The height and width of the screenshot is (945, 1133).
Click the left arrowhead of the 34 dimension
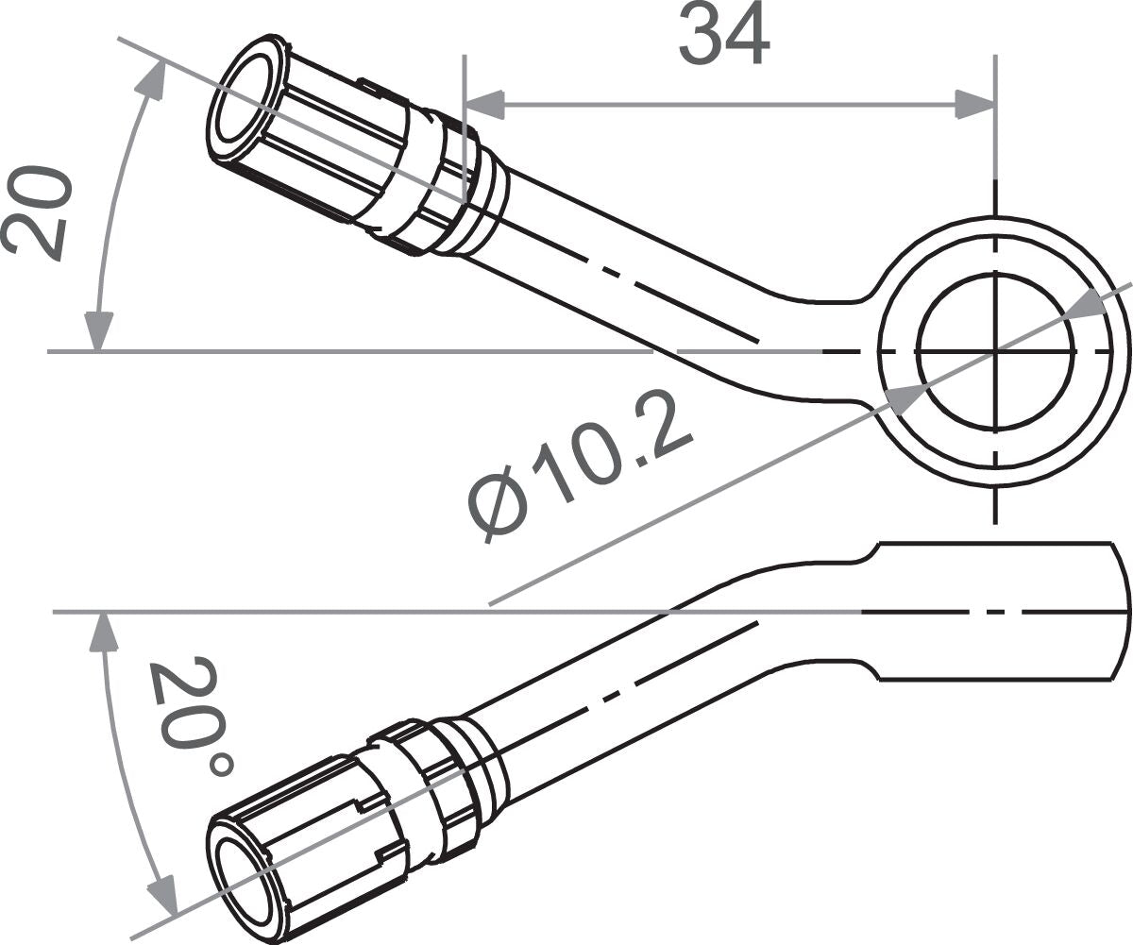484,104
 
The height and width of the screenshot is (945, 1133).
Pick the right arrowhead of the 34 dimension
975,104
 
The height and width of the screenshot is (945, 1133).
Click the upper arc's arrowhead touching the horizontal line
98,331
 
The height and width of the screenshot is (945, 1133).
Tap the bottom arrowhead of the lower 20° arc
162,892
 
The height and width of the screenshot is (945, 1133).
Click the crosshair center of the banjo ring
995,351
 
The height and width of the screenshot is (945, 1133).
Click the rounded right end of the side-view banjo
1122,611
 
